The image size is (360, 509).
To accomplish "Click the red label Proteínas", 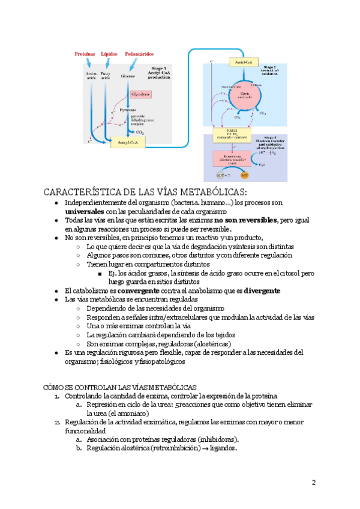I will pyautogui.click(x=85, y=53).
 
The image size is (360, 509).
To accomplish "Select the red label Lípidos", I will pyautogui.click(x=109, y=53).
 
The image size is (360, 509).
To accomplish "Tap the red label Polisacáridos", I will pyautogui.click(x=140, y=53).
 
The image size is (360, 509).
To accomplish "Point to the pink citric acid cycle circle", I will pyautogui.click(x=244, y=95).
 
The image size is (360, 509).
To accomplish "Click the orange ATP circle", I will pyautogui.click(x=244, y=176).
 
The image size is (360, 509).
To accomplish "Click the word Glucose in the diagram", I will pyautogui.click(x=128, y=77).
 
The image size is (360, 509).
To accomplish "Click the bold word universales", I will pyautogui.click(x=85, y=212).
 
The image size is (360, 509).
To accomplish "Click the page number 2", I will pyautogui.click(x=313, y=483).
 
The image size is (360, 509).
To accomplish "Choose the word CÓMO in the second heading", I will pyautogui.click(x=55, y=388).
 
